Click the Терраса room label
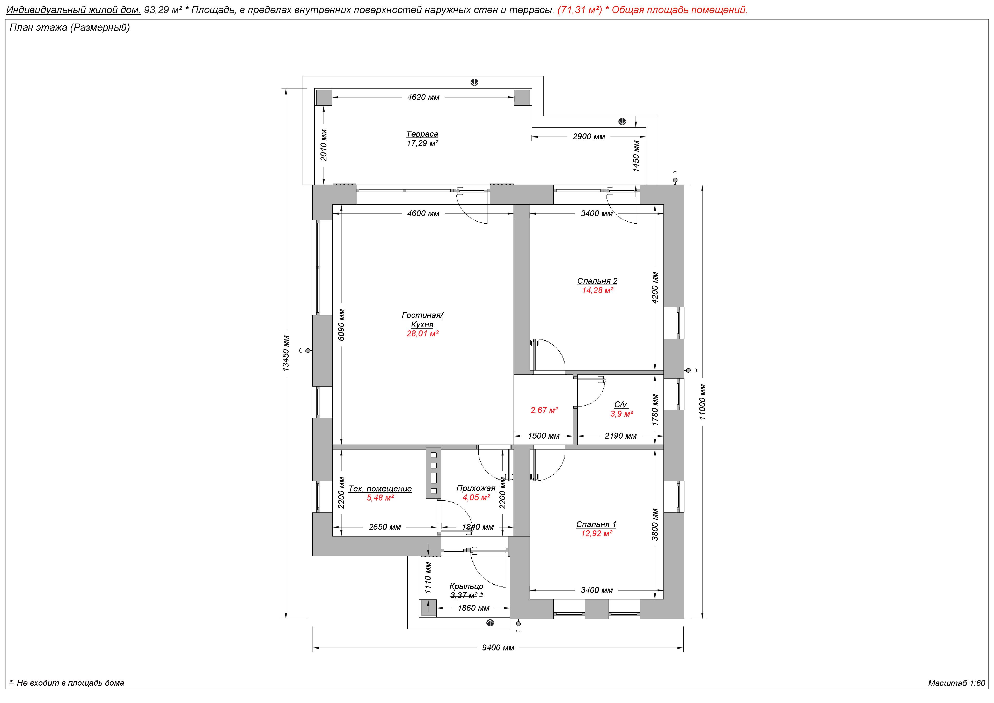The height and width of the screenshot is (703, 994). point(422,134)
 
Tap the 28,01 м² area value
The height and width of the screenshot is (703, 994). point(422,334)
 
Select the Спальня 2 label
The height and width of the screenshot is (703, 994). point(597,281)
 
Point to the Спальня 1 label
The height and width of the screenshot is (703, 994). point(596,525)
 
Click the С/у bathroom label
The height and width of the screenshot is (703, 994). point(620,404)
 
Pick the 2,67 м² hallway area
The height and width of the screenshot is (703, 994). point(544,410)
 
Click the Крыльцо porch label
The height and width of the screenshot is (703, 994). point(466,586)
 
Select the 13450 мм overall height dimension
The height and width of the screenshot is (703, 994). point(286,353)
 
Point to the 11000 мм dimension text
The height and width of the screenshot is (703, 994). point(702,402)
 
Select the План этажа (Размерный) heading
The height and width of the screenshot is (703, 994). point(70,28)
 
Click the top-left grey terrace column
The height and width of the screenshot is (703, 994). point(323,97)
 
